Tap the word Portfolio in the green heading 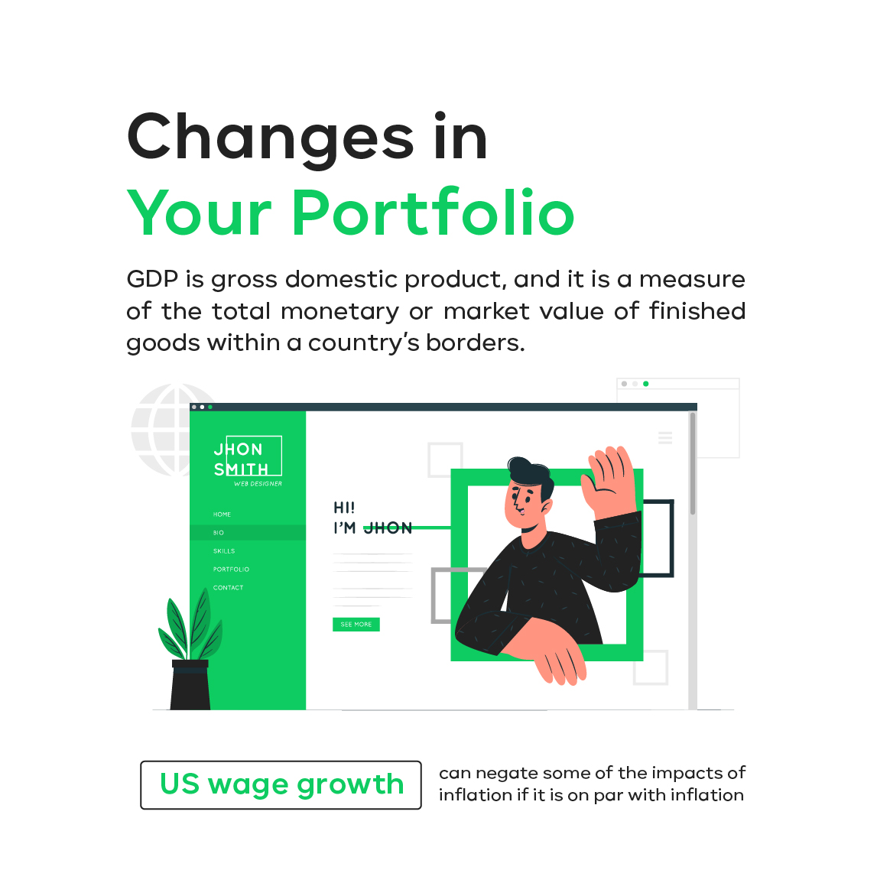pos(434,212)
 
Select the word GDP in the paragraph pos(152,279)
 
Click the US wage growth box pos(281,785)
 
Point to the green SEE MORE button pos(356,625)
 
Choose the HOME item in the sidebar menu pos(222,515)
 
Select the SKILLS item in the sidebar pos(224,550)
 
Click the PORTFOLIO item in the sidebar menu pos(231,570)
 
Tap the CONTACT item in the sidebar pos(228,587)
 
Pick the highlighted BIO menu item pos(248,533)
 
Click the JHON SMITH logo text pos(241,459)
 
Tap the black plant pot pos(190,685)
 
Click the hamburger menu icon pos(665,437)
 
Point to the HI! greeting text pos(344,508)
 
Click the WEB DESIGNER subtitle pos(258,484)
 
